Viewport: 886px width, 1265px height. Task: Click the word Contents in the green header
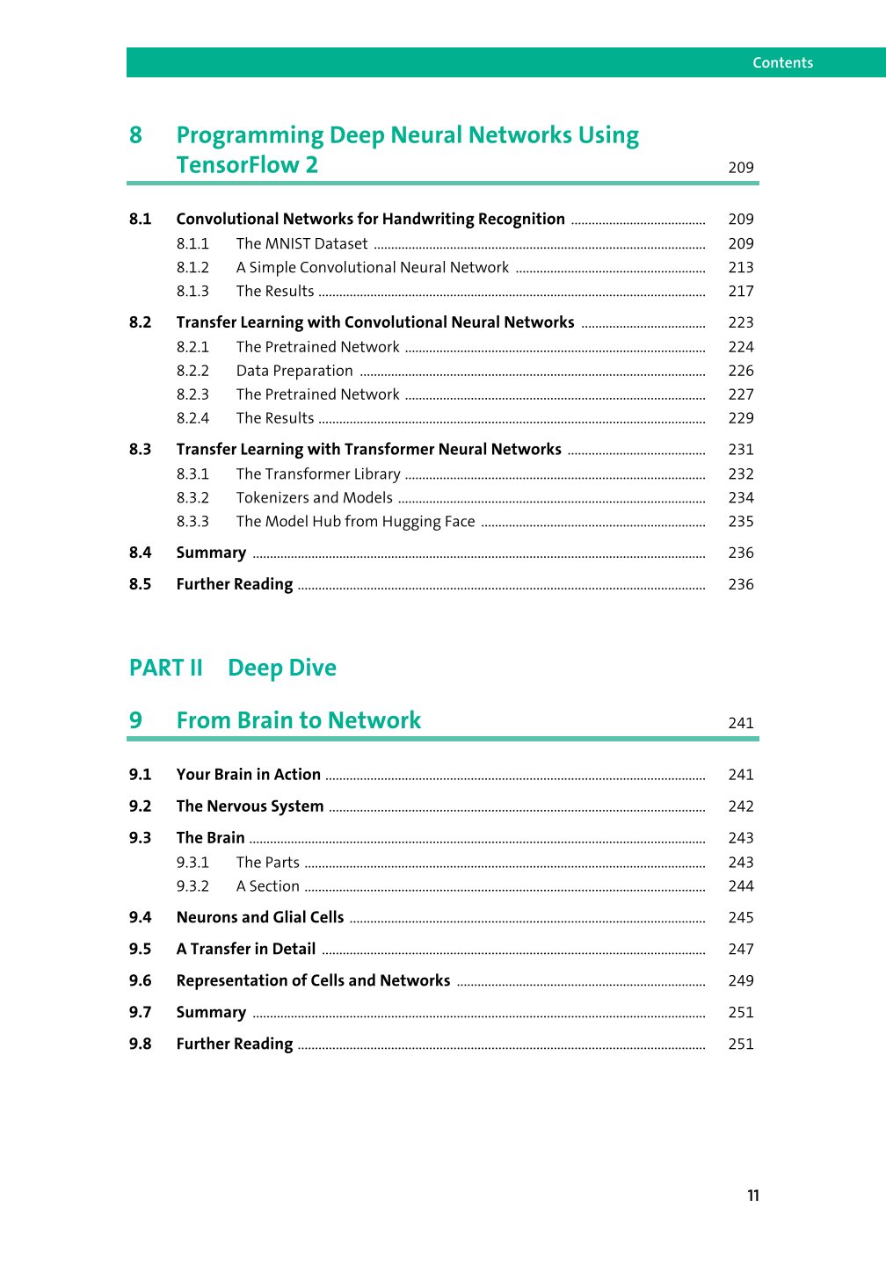(782, 62)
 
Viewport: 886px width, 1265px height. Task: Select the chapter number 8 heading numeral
(135, 135)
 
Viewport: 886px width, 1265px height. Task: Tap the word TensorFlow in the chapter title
(236, 165)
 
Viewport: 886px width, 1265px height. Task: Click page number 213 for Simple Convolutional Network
(741, 267)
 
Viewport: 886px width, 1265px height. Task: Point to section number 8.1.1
(192, 243)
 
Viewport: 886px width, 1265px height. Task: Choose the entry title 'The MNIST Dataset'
(301, 243)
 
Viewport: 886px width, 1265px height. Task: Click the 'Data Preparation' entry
(294, 371)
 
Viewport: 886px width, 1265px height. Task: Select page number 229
(741, 418)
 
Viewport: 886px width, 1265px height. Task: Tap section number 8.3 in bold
(140, 449)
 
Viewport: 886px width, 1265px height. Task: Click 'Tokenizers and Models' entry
(314, 497)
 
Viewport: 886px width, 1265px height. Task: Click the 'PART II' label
(165, 668)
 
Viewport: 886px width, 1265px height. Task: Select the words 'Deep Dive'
(281, 668)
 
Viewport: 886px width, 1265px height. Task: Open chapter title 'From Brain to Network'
(298, 720)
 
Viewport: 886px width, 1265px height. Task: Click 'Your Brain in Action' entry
(248, 774)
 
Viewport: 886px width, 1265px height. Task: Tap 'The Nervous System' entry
(250, 806)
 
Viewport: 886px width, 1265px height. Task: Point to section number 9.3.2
(192, 886)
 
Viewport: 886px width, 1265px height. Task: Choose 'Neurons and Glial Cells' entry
(260, 917)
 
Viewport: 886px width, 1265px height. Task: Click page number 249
(741, 980)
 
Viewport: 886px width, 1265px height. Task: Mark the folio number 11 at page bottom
(753, 1196)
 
